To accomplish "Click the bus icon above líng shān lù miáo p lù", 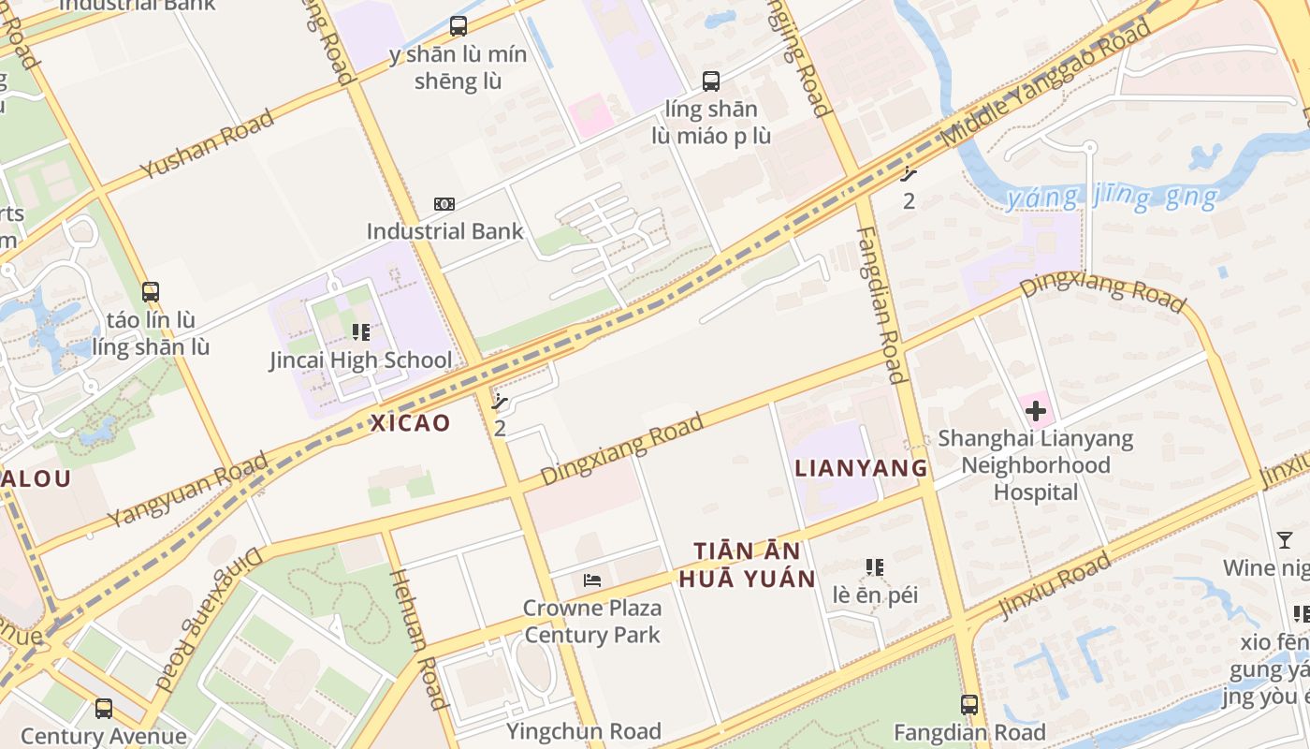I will point(711,81).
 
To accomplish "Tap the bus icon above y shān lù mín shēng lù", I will point(458,26).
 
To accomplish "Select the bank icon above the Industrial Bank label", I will point(444,203).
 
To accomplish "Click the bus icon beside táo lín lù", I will point(151,291).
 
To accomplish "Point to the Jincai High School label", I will point(360,360).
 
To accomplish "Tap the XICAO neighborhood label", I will point(411,422).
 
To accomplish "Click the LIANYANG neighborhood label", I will point(861,468).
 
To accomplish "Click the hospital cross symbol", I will point(1036,410).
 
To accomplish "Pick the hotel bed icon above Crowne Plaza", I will point(591,580).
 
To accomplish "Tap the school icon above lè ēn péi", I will point(875,566).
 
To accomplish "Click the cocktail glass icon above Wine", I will point(1285,540).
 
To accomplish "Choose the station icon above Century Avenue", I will point(104,709).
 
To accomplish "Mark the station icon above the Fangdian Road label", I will point(969,704).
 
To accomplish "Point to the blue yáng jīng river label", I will point(1112,198).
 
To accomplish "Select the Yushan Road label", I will point(207,144).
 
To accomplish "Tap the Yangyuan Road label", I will point(187,490).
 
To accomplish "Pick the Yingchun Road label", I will point(584,731).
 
